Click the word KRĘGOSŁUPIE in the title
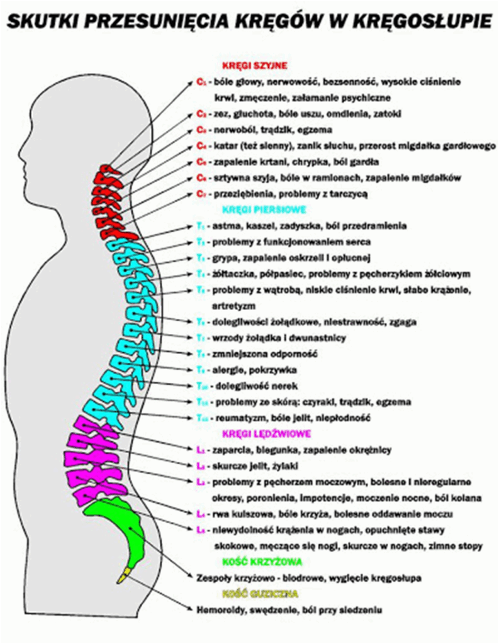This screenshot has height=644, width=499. [x=415, y=21]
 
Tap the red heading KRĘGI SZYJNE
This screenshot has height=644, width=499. [x=255, y=65]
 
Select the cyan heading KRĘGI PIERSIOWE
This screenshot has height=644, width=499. [x=264, y=209]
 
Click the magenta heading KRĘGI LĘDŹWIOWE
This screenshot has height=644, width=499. [x=266, y=433]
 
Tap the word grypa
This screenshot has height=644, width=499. [x=226, y=257]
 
